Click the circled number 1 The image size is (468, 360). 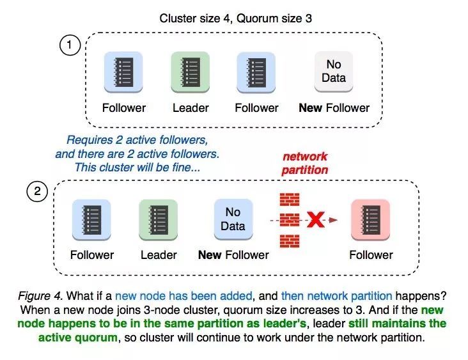70,45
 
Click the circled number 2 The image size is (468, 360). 37,191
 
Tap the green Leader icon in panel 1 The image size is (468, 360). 190,72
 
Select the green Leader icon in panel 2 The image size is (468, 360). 158,220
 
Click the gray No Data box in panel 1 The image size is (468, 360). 334,72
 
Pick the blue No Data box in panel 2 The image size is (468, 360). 233,219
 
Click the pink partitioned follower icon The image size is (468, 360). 370,220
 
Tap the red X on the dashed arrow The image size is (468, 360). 316,220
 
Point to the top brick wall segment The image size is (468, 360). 290,200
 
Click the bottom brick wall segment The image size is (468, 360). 290,241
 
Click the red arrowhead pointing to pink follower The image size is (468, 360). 333,220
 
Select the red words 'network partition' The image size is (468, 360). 305,163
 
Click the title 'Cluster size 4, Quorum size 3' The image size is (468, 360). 235,19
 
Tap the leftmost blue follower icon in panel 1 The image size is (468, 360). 123,72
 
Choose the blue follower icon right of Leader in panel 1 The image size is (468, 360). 256,72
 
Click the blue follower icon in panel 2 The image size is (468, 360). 91,220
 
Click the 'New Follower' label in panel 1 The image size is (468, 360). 334,108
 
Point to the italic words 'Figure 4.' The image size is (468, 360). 40,296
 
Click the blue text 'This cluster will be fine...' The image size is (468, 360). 137,168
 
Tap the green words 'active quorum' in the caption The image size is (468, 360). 78,338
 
